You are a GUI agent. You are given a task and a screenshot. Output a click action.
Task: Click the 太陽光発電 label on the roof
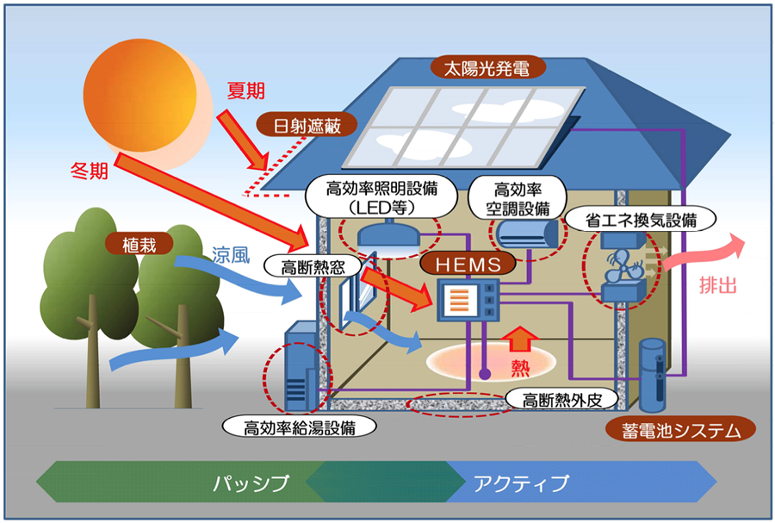[x=488, y=68]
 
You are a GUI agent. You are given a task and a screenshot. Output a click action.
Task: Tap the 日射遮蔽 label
[x=307, y=126]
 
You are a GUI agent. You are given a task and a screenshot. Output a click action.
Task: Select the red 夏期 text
[x=245, y=90]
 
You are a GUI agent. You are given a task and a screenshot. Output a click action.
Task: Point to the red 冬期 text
[x=90, y=171]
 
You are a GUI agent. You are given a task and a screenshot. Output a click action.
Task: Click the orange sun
[x=139, y=96]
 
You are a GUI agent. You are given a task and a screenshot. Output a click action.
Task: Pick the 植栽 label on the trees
[x=139, y=244]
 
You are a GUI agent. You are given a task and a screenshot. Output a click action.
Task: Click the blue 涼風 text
[x=231, y=254]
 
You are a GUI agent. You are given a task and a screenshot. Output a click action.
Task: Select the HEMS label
[x=468, y=265]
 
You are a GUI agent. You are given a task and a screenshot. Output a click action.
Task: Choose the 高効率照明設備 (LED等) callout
[x=381, y=196]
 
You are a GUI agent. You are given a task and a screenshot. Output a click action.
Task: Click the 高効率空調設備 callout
[x=518, y=197]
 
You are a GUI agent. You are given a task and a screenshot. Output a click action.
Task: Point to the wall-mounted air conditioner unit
[x=527, y=233]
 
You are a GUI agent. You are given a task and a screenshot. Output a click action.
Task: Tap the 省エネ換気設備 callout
[x=641, y=219]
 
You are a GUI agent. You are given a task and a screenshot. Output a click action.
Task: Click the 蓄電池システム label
[x=681, y=430]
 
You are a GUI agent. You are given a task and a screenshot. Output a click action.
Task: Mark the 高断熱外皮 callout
[x=562, y=400]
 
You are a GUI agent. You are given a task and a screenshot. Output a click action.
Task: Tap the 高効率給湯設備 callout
[x=300, y=426]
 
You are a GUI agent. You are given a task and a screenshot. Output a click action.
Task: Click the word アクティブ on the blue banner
[x=522, y=483]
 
